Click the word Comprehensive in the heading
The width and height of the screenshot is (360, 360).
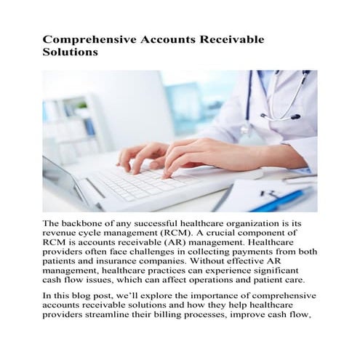[83, 39]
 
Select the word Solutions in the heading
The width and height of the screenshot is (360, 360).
[70, 53]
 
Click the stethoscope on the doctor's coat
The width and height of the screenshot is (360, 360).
[280, 98]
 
